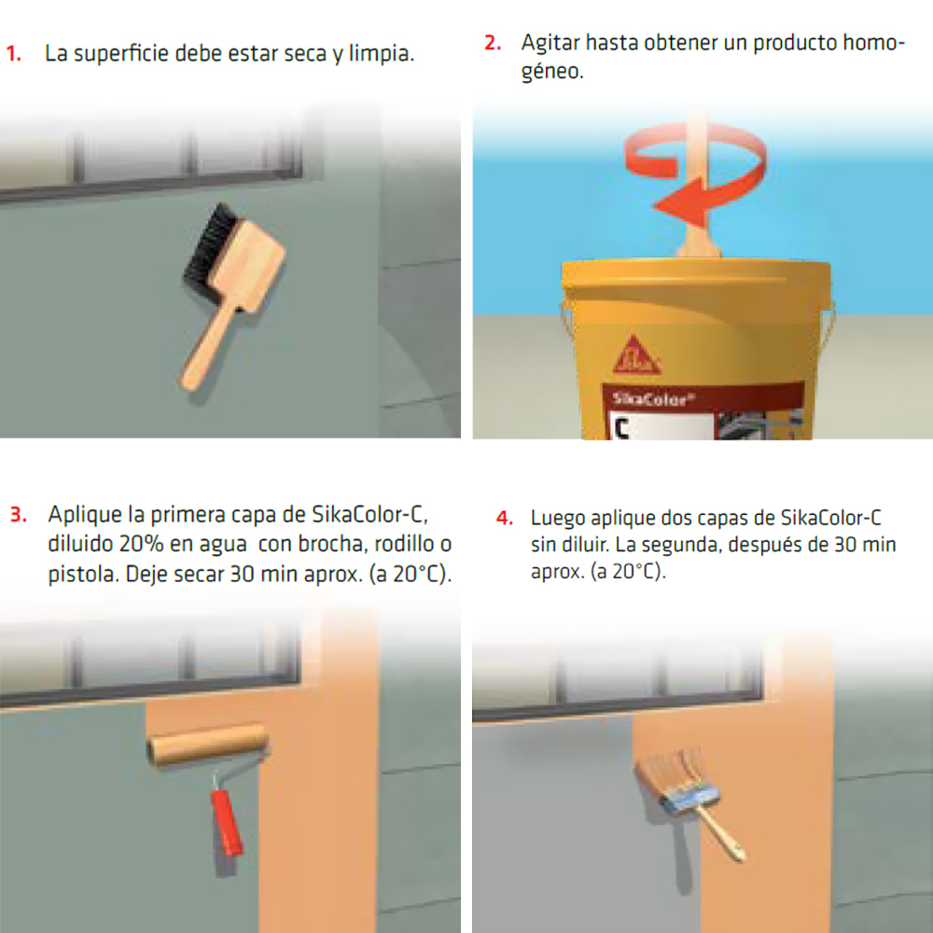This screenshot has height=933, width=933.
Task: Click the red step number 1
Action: (x=14, y=53)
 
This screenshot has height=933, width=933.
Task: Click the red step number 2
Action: (x=492, y=44)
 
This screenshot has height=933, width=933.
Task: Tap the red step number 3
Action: (x=19, y=514)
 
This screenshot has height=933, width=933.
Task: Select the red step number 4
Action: (x=504, y=517)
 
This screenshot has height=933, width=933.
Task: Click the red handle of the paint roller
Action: (x=227, y=821)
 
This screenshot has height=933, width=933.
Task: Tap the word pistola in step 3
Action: (x=79, y=573)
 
